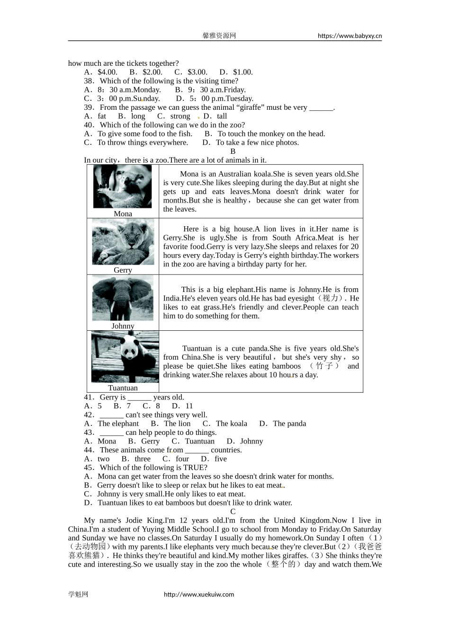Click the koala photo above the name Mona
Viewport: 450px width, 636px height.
(x=123, y=186)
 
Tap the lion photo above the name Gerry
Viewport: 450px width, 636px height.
(x=123, y=242)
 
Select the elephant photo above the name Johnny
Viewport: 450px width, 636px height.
(x=123, y=298)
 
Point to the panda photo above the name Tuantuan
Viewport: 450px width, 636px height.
(x=125, y=356)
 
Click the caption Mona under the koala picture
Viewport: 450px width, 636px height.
(x=123, y=214)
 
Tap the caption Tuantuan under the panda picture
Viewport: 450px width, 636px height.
(x=123, y=388)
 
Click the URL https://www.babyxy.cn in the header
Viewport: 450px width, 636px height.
(x=350, y=35)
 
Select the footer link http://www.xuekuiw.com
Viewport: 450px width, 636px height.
(x=199, y=595)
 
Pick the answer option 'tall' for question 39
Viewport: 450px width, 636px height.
(x=222, y=116)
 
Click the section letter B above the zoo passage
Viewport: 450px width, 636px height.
(x=233, y=151)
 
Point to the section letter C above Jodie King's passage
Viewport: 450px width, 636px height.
(x=233, y=512)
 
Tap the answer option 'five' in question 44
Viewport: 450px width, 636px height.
(x=220, y=459)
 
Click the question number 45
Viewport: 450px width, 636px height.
(x=89, y=468)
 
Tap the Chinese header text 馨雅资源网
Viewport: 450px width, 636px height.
(x=219, y=35)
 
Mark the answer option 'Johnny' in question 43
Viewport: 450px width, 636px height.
(x=251, y=441)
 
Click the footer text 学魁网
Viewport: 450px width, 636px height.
(x=78, y=595)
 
